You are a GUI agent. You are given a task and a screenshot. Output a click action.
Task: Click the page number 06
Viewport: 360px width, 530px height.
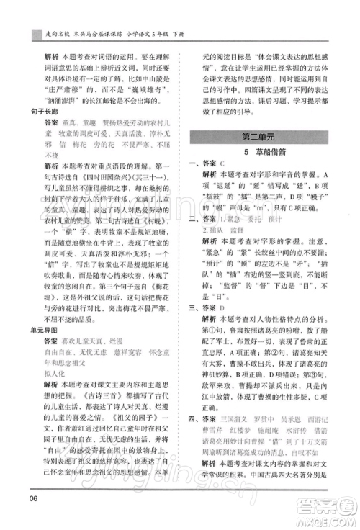(x=32, y=500)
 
